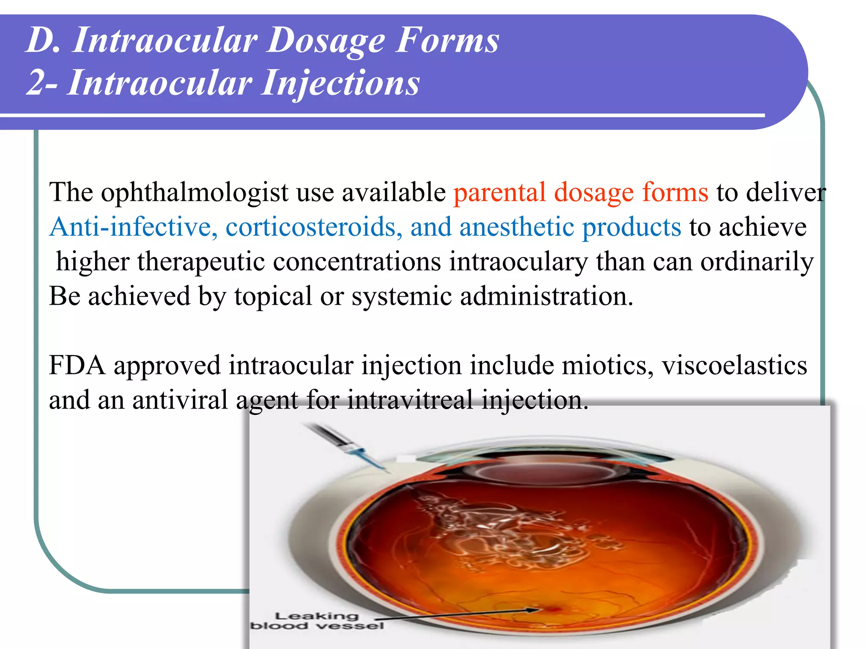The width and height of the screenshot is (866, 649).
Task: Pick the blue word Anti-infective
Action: pyautogui.click(x=133, y=227)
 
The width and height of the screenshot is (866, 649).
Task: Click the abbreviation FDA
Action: pyautogui.click(x=77, y=365)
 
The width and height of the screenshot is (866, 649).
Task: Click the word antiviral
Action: pyautogui.click(x=180, y=400)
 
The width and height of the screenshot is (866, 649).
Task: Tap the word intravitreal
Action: pyautogui.click(x=410, y=400)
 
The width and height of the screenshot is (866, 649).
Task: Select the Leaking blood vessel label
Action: pyautogui.click(x=317, y=621)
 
